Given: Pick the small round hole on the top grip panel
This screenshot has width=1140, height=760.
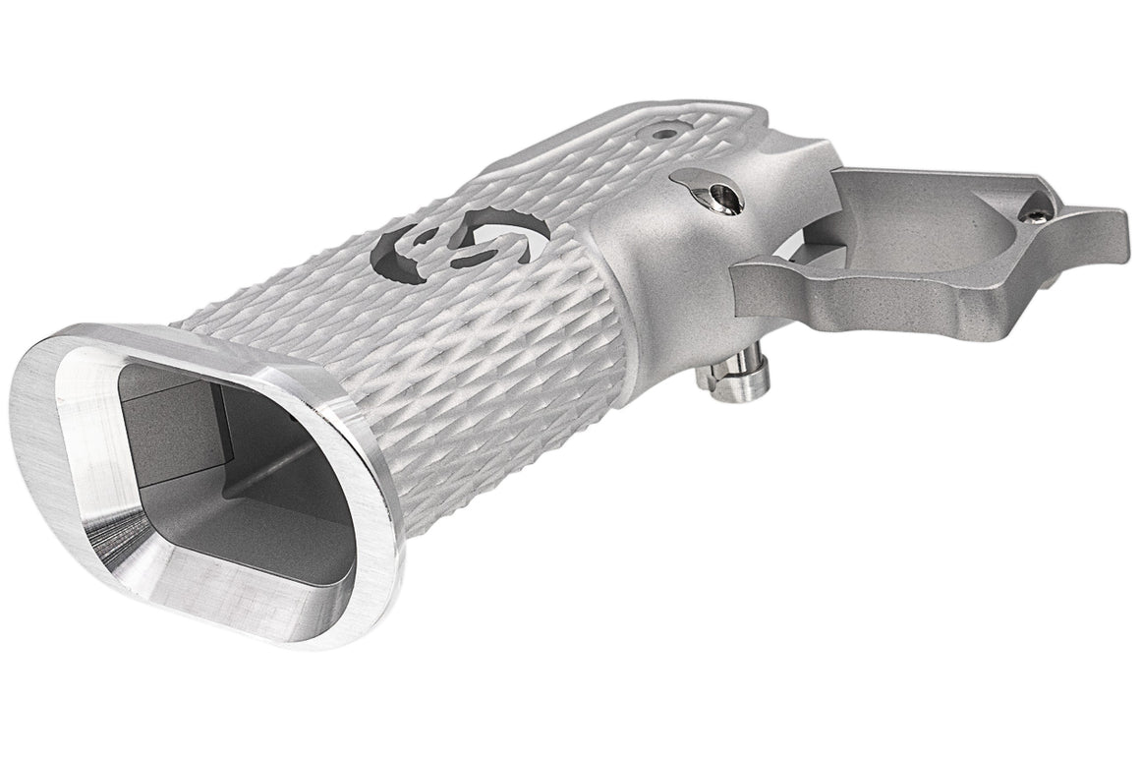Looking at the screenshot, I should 669,129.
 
